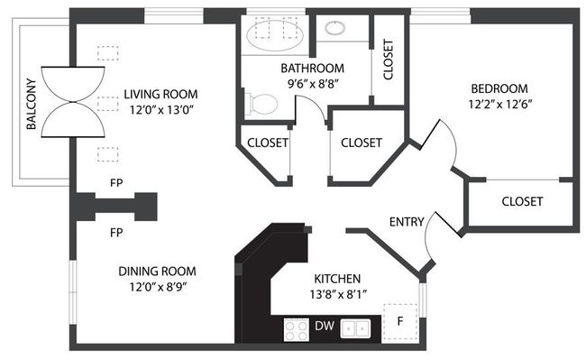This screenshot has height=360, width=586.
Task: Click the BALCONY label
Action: tap(32, 104)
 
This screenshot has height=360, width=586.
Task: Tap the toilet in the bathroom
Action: tap(261, 104)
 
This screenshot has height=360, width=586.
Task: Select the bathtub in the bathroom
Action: tap(275, 34)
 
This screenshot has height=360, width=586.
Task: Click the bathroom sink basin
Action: tap(334, 28)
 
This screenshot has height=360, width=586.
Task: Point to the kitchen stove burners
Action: tap(297, 329)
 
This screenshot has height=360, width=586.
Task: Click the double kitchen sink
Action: tap(355, 328)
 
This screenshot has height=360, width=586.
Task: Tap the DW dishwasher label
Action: tap(325, 326)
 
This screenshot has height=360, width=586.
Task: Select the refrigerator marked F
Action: tap(400, 321)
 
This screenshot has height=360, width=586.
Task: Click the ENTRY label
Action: tap(407, 222)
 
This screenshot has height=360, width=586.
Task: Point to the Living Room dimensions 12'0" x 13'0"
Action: tap(161, 110)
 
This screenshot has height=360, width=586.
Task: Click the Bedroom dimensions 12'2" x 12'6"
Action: tap(500, 104)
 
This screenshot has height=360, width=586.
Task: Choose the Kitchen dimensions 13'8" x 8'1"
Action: tap(338, 294)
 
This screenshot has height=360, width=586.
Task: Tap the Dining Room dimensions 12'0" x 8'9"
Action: tap(158, 287)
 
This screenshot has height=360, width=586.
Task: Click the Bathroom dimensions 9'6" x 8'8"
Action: tap(313, 84)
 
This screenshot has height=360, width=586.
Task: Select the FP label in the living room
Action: tap(116, 183)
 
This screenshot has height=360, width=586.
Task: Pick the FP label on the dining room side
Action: tap(116, 233)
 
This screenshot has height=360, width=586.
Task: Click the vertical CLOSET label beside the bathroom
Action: tap(389, 60)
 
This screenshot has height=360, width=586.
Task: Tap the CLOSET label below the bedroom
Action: tap(522, 201)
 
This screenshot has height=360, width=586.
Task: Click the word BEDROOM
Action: tap(499, 88)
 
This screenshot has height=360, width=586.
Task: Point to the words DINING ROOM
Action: tap(158, 271)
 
